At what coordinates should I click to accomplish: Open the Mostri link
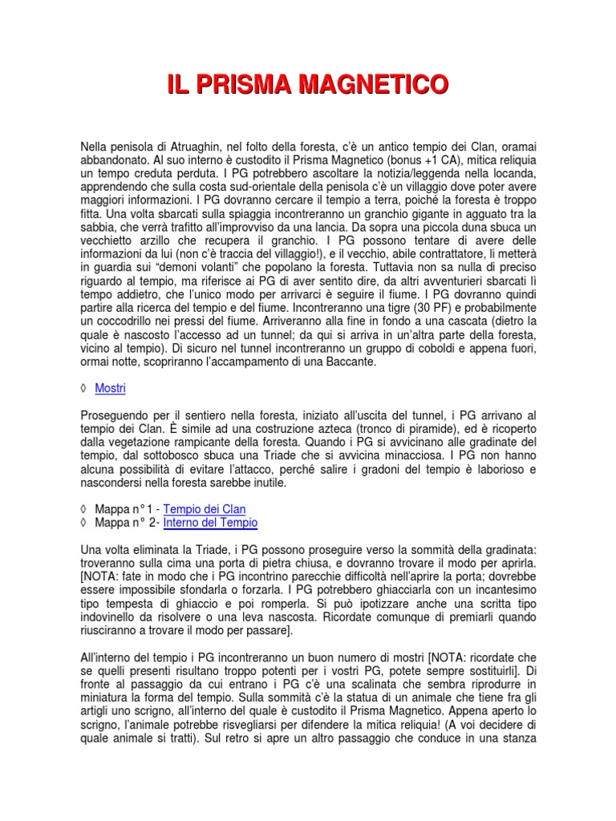110,388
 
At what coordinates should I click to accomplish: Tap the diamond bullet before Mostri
84,388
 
